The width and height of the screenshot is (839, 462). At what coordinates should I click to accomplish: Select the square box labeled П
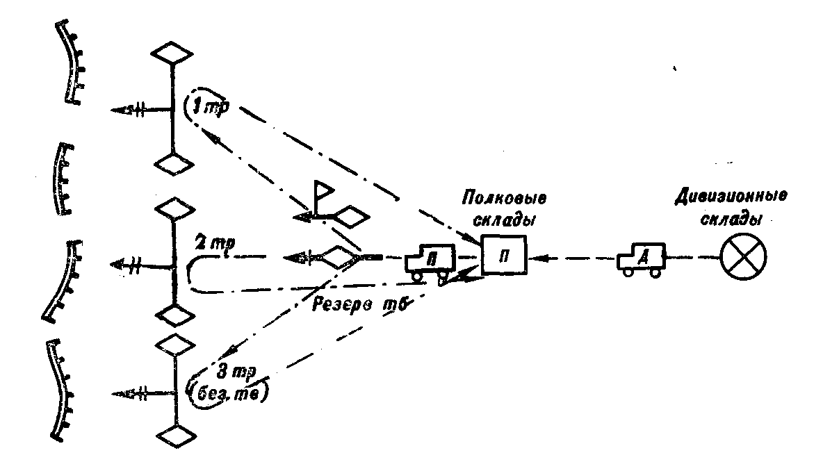click(x=504, y=256)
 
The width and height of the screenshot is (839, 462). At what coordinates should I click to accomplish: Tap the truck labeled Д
click(x=640, y=259)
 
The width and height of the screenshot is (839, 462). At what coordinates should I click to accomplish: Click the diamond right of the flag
click(x=350, y=217)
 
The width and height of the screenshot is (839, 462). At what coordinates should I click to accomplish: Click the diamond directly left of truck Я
click(x=340, y=258)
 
